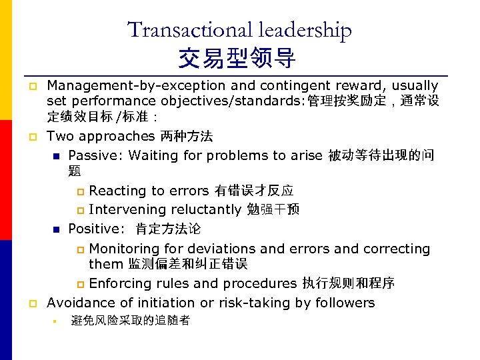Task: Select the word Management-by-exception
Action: coord(136,86)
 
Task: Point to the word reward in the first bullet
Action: coord(363,86)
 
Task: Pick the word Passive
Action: coord(95,156)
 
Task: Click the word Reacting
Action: coord(117,191)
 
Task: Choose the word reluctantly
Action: coord(205,210)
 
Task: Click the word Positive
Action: coord(95,229)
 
